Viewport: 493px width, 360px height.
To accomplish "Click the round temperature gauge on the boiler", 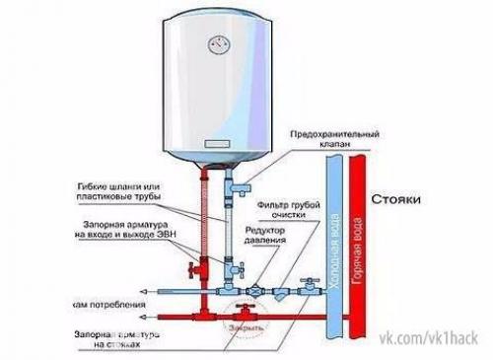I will coord(216,44).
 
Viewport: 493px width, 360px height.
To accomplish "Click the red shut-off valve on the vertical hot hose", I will coord(196,268).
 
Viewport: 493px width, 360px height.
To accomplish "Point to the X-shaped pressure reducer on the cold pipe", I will coord(257,292).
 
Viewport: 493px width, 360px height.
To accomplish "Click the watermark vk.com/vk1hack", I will coord(432,341).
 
